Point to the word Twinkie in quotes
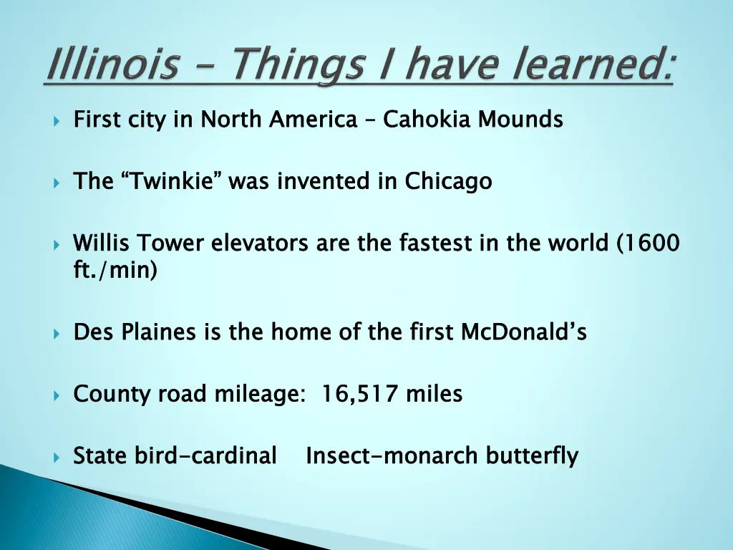point(171,181)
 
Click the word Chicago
point(448,181)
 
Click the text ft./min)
point(115,271)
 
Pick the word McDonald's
point(523,332)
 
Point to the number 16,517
point(360,394)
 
